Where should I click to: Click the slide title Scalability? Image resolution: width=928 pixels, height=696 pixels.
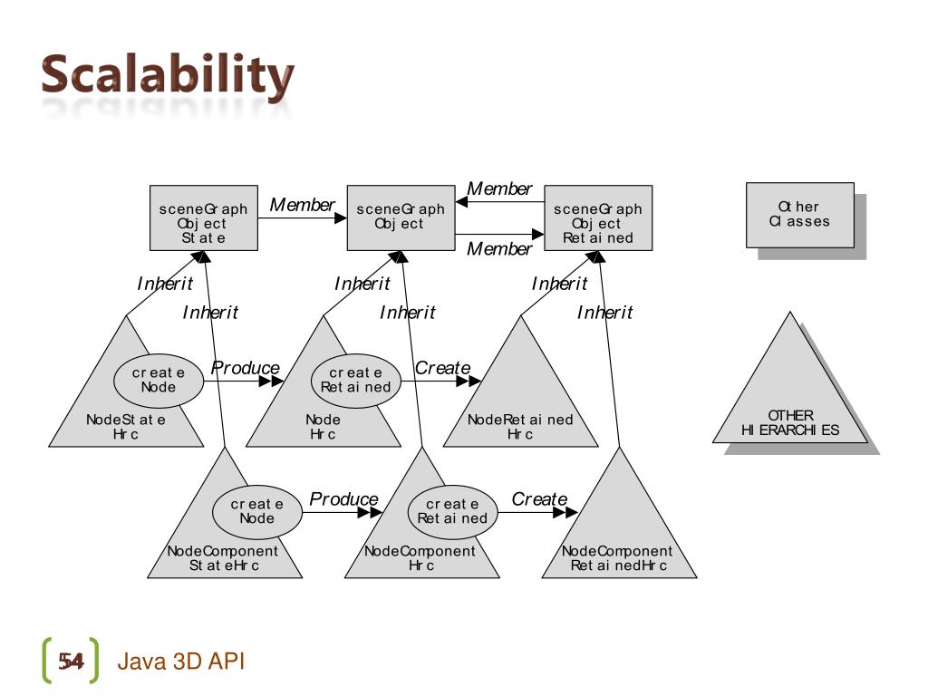[168, 78]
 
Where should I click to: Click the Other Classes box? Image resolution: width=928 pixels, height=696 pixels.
[799, 215]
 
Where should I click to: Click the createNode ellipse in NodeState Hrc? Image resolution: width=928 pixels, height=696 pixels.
[159, 381]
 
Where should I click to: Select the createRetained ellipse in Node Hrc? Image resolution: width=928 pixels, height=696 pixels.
[356, 381]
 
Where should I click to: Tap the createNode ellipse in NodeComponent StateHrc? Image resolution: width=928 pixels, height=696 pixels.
[256, 511]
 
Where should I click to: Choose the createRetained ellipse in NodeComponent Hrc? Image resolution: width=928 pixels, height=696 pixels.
[452, 511]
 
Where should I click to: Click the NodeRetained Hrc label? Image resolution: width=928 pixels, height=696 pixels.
[520, 427]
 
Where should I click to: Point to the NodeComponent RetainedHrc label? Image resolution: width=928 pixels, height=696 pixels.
[618, 558]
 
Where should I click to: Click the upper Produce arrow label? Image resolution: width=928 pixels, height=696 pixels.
[246, 368]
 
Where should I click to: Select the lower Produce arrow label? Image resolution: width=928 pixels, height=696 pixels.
[343, 499]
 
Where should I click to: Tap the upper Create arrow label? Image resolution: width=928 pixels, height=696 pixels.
[443, 368]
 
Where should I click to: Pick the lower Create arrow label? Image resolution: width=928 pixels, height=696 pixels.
[539, 499]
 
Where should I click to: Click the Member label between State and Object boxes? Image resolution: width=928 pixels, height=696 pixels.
[303, 206]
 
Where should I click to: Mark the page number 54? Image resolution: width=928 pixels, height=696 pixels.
[71, 662]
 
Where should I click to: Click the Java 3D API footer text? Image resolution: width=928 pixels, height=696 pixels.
[181, 662]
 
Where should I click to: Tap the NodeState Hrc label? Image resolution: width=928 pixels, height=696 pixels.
[126, 427]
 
